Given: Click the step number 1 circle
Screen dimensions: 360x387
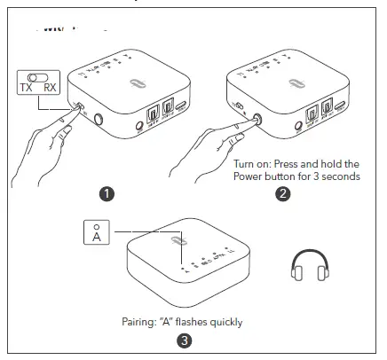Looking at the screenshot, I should point(107,192).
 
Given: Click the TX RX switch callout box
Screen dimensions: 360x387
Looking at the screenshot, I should point(38,82).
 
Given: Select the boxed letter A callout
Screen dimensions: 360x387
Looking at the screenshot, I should point(96,233).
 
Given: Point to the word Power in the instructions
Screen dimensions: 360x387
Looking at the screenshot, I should point(251,176).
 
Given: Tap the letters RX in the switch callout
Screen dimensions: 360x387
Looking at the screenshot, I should point(51,89).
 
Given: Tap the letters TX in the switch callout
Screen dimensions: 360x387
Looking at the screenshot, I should point(27,89).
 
